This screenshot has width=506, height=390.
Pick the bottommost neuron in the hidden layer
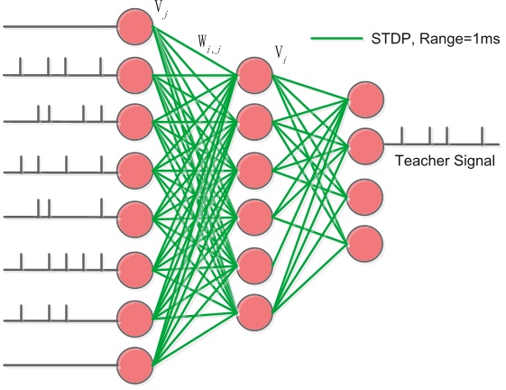point(254,311)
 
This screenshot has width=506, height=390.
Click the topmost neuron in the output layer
point(364,99)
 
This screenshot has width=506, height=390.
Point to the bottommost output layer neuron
point(364,241)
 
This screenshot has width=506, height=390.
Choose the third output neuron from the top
point(364,195)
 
